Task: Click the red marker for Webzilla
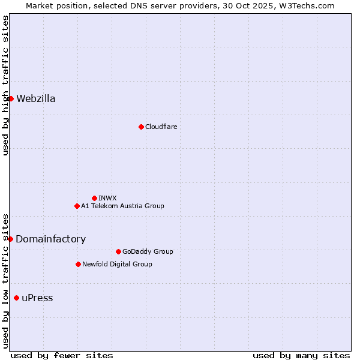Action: [11, 98]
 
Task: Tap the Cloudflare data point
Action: [141, 127]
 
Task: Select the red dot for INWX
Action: [94, 198]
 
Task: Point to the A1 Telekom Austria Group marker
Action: [77, 206]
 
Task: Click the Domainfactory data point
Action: [10, 239]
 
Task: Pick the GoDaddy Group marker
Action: [118, 251]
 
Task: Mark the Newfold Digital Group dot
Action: [78, 264]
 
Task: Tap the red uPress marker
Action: [16, 298]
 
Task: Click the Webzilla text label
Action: [36, 99]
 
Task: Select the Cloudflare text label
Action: [161, 127]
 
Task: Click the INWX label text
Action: [107, 198]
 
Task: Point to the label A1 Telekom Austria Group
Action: [122, 206]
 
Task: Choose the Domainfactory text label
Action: [50, 239]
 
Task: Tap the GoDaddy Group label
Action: [147, 251]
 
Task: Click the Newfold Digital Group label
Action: [117, 264]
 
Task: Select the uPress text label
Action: [37, 298]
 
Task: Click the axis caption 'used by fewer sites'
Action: [62, 355]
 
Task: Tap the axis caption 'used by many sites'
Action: [301, 355]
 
